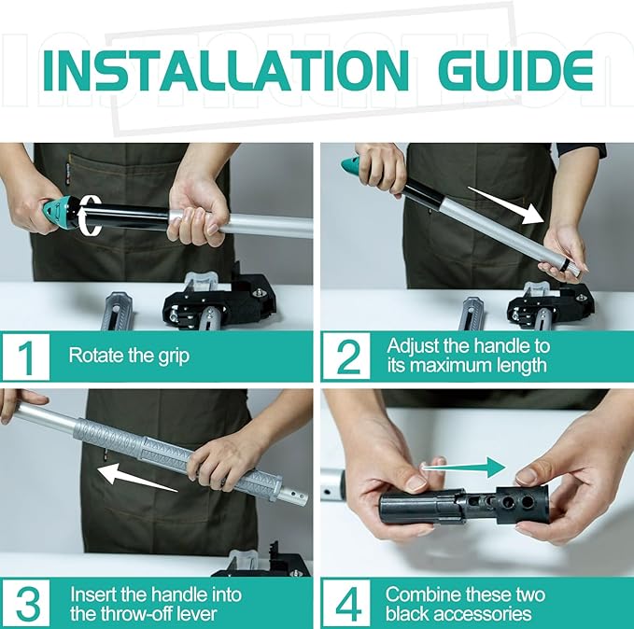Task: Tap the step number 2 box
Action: pyautogui.click(x=345, y=356)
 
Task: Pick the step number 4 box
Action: pyautogui.click(x=345, y=602)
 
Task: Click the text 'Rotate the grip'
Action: pyautogui.click(x=129, y=356)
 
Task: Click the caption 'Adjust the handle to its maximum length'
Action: pyautogui.click(x=468, y=355)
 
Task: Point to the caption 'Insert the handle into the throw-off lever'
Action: pyautogui.click(x=155, y=602)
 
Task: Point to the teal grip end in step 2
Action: pyautogui.click(x=349, y=165)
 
